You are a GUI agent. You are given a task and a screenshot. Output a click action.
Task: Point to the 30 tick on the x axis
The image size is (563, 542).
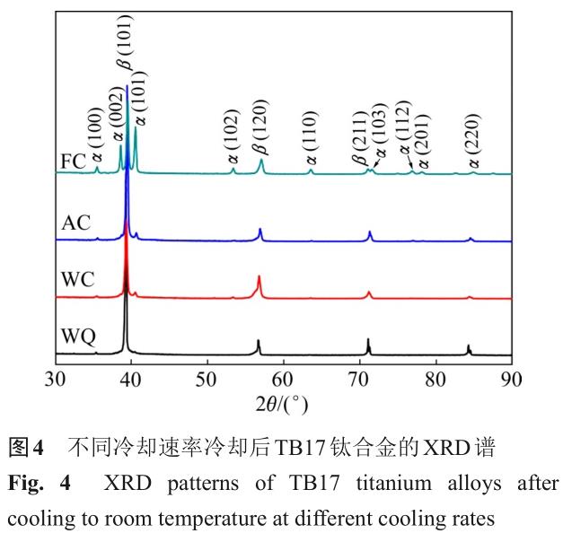click(x=56, y=377)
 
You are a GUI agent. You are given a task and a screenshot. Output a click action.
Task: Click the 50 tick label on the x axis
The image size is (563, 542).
click(x=207, y=377)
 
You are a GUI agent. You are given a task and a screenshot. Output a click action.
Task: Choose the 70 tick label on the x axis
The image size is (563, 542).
click(x=359, y=377)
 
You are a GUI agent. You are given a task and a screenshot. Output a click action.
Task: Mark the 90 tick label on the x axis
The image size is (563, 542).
click(x=511, y=377)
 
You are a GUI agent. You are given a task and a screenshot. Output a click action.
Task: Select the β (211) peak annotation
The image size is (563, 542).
click(x=360, y=137)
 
